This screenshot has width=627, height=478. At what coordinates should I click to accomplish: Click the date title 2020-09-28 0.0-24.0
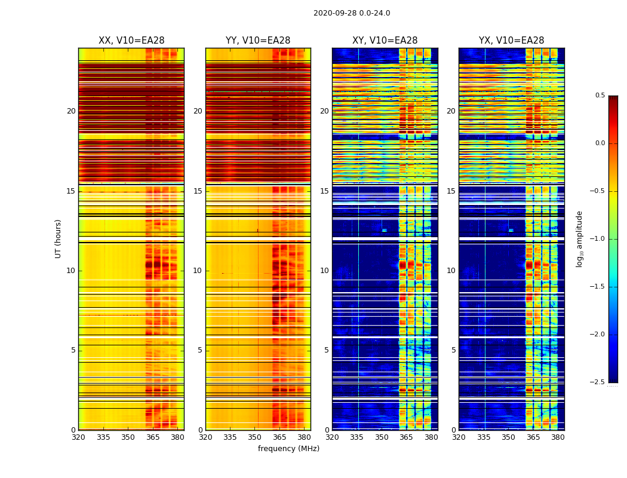(352, 13)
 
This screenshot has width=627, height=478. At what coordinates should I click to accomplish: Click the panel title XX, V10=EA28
(131, 41)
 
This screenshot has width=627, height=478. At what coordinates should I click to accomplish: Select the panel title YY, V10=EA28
(258, 41)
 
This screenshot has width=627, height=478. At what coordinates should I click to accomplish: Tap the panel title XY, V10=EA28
(385, 41)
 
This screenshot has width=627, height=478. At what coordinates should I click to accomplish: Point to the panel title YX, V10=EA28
(511, 41)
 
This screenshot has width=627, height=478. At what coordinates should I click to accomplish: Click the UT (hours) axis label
(59, 238)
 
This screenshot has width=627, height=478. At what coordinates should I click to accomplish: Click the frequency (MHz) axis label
(288, 449)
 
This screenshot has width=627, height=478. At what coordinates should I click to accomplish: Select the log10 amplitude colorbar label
(579, 238)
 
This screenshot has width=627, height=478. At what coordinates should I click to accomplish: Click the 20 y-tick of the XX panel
(71, 111)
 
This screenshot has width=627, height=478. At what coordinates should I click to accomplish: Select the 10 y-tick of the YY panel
(198, 271)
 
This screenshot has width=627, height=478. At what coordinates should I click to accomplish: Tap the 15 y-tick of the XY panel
(324, 191)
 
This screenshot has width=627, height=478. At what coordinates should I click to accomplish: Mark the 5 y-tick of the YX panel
(453, 350)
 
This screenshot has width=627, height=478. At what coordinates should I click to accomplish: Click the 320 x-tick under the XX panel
(78, 437)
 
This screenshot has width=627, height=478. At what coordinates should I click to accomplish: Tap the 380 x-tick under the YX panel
(558, 437)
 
